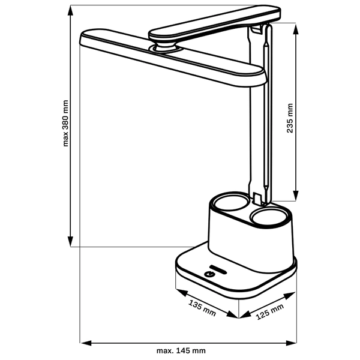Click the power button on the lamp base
point(209,274)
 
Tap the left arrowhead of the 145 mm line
point(85,343)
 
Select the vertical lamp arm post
point(264,120)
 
